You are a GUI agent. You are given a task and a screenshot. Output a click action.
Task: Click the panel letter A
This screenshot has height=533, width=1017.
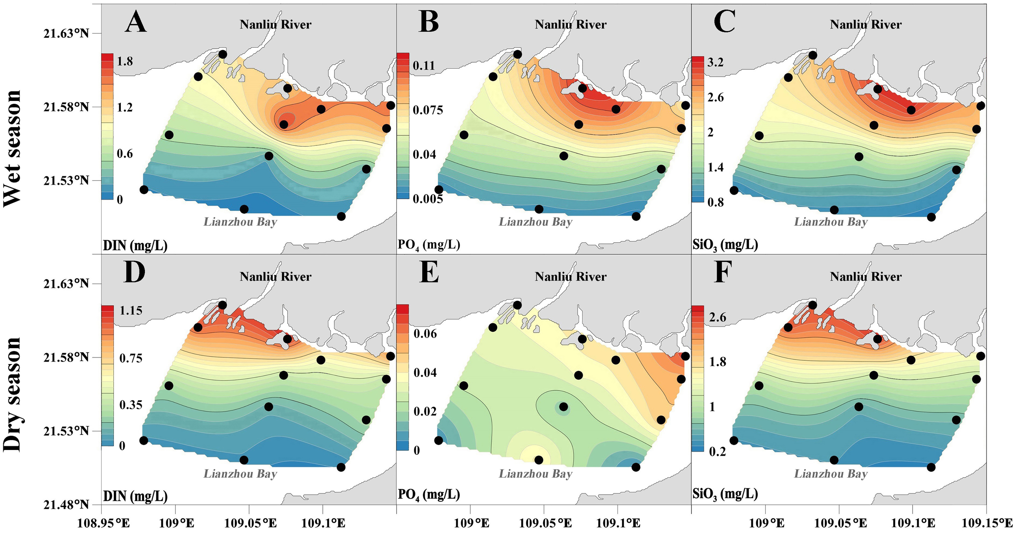pyautogui.click(x=135, y=22)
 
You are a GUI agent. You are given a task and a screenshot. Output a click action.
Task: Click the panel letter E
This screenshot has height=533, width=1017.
pyautogui.click(x=429, y=272)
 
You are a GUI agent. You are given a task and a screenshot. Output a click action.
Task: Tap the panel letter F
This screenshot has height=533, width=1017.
pyautogui.click(x=723, y=272)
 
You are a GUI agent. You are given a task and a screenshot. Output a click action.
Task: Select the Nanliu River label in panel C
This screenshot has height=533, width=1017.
pyautogui.click(x=866, y=24)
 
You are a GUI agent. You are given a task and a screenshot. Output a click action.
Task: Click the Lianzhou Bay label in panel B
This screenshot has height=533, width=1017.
pyautogui.click(x=535, y=222)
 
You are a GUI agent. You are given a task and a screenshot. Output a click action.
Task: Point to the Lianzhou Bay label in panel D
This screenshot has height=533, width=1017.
pyautogui.click(x=240, y=474)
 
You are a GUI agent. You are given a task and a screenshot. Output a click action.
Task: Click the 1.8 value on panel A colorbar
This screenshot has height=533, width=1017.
pyautogui.click(x=125, y=61)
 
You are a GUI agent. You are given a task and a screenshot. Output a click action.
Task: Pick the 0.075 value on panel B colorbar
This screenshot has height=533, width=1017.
pyautogui.click(x=428, y=110)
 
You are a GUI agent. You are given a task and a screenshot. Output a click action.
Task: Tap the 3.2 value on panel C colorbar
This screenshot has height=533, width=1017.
pyautogui.click(x=716, y=62)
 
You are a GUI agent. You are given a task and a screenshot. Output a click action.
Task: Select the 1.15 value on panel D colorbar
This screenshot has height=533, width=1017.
pyautogui.click(x=131, y=311)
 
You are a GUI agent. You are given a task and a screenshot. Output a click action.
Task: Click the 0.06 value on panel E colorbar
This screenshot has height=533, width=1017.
pyautogui.click(x=425, y=334)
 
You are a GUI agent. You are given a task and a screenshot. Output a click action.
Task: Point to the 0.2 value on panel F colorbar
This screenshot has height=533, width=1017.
pyautogui.click(x=717, y=452)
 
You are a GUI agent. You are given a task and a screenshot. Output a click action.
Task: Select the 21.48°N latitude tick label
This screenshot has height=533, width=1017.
pyautogui.click(x=66, y=504)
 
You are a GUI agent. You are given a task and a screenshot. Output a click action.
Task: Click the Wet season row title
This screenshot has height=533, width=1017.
pyautogui.click(x=12, y=149)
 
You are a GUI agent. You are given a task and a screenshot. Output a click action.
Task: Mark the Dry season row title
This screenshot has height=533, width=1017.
pyautogui.click(x=12, y=394)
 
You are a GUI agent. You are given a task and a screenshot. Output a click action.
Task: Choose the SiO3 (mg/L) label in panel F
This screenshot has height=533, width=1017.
pyautogui.click(x=725, y=494)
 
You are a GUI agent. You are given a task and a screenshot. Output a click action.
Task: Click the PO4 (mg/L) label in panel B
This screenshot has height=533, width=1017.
pyautogui.click(x=429, y=245)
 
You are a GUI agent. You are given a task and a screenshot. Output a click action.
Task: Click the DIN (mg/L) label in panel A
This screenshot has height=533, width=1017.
pyautogui.click(x=135, y=245)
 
